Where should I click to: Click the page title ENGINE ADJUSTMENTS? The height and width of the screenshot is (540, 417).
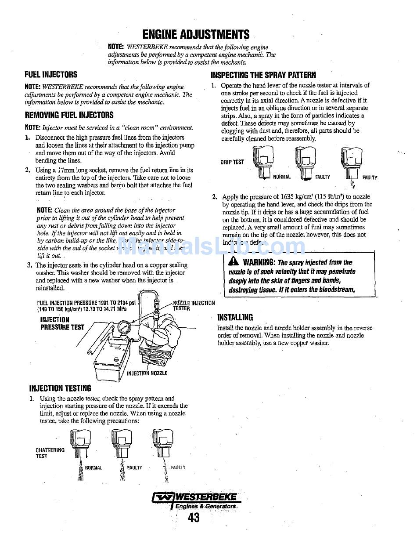point(196,35)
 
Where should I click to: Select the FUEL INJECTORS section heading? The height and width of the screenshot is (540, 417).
point(51,75)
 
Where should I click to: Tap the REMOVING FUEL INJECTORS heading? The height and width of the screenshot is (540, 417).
point(69,115)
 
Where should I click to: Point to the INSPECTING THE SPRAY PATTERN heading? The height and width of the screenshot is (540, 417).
point(263,75)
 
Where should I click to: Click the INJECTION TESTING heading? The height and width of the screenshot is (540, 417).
point(60,388)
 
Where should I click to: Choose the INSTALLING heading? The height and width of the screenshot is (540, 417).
point(235,317)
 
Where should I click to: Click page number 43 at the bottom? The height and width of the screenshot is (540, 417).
point(194,518)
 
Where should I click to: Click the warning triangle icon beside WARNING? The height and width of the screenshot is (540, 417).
point(233,261)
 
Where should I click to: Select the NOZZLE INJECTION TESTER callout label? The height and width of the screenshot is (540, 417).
point(194,305)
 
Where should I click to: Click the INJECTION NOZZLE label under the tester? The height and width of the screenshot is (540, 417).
point(147,373)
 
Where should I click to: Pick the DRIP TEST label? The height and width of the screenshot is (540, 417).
point(232,162)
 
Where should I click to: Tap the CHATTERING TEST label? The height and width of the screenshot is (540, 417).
point(50,453)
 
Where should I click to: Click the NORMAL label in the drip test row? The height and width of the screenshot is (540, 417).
point(282,177)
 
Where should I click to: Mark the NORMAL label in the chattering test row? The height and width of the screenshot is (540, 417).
point(93,468)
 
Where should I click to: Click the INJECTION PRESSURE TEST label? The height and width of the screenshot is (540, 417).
point(62,323)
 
